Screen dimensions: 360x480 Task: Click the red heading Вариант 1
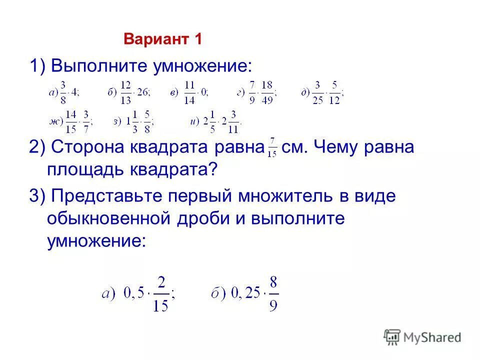pyautogui.click(x=162, y=39)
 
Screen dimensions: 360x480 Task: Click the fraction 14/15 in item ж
pyautogui.click(x=71, y=120)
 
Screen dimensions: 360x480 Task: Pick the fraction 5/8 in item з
pyautogui.click(x=146, y=120)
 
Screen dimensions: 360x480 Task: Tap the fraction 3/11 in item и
pyautogui.click(x=233, y=120)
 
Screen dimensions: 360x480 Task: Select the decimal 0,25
pyautogui.click(x=245, y=293)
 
